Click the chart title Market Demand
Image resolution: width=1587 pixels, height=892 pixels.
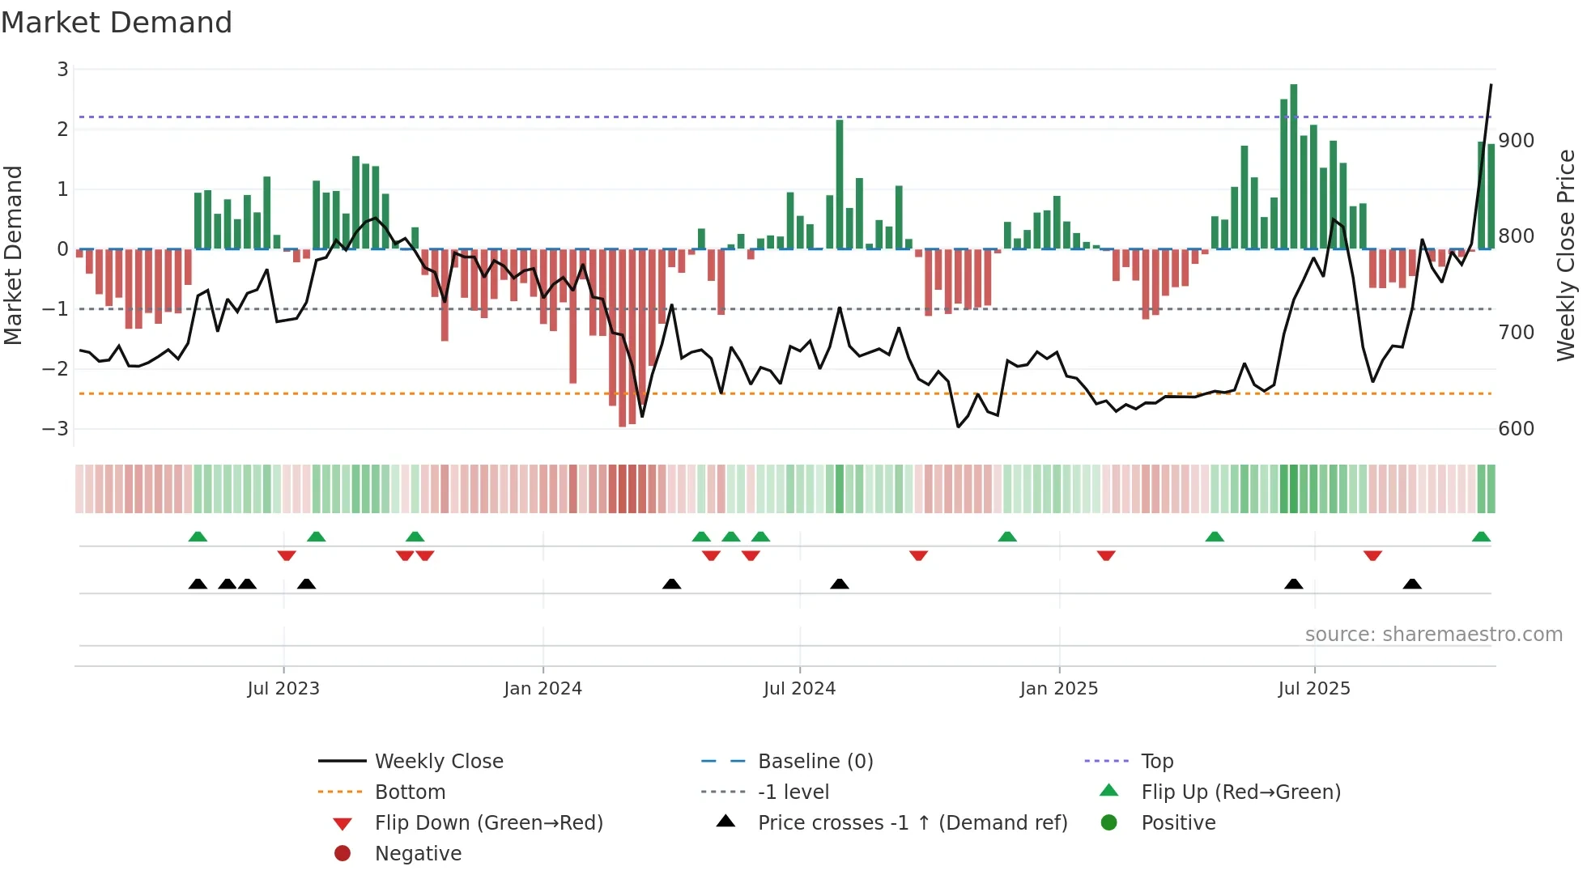[117, 23]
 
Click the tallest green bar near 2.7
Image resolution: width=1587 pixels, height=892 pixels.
[1293, 166]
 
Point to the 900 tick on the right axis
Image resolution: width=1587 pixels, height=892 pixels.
[1516, 141]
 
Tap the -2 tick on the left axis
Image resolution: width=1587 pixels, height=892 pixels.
[56, 369]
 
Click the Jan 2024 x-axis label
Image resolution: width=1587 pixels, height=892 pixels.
[542, 689]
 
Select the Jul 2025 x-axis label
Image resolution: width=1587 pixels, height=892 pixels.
[1314, 689]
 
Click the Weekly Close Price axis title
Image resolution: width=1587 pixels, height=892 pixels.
[1566, 255]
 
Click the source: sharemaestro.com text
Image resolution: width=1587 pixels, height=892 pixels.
[1433, 635]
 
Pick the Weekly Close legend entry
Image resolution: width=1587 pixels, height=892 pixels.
[438, 762]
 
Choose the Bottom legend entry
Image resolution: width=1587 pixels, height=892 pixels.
[410, 792]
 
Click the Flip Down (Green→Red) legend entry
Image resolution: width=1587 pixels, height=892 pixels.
[488, 823]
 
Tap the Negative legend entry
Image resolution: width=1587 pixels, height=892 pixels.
[418, 854]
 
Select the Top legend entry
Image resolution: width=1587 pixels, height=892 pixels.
[1156, 762]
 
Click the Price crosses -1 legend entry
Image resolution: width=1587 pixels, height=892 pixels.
[912, 823]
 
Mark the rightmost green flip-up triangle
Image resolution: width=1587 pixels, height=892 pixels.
[1481, 537]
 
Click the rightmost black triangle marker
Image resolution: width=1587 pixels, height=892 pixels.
[1412, 584]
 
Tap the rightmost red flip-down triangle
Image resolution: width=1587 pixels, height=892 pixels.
[1372, 555]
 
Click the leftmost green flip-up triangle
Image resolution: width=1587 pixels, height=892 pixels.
[198, 537]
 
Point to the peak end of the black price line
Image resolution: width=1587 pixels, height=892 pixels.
[1491, 85]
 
